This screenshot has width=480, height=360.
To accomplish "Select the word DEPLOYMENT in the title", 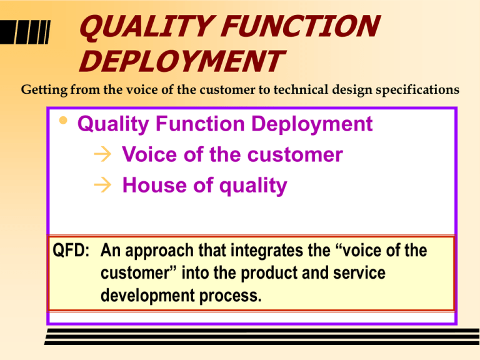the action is click(182, 61).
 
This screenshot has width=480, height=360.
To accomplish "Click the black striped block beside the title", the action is click(25, 32).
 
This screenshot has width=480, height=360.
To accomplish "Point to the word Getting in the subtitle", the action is click(44, 90).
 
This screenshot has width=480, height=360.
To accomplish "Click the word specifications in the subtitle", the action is click(417, 90).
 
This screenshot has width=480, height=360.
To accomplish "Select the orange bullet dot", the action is click(63, 120).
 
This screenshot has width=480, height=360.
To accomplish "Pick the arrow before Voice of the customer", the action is click(102, 154).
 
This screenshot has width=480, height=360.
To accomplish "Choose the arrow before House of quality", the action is click(102, 185).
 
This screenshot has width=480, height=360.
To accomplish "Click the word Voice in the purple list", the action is click(150, 154).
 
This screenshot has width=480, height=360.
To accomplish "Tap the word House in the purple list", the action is click(154, 185).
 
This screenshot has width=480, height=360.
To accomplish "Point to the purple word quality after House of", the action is click(253, 186).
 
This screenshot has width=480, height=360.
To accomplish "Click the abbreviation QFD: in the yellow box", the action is click(71, 250).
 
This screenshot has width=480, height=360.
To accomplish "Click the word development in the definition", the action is click(147, 296).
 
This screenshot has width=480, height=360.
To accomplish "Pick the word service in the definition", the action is click(359, 273).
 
